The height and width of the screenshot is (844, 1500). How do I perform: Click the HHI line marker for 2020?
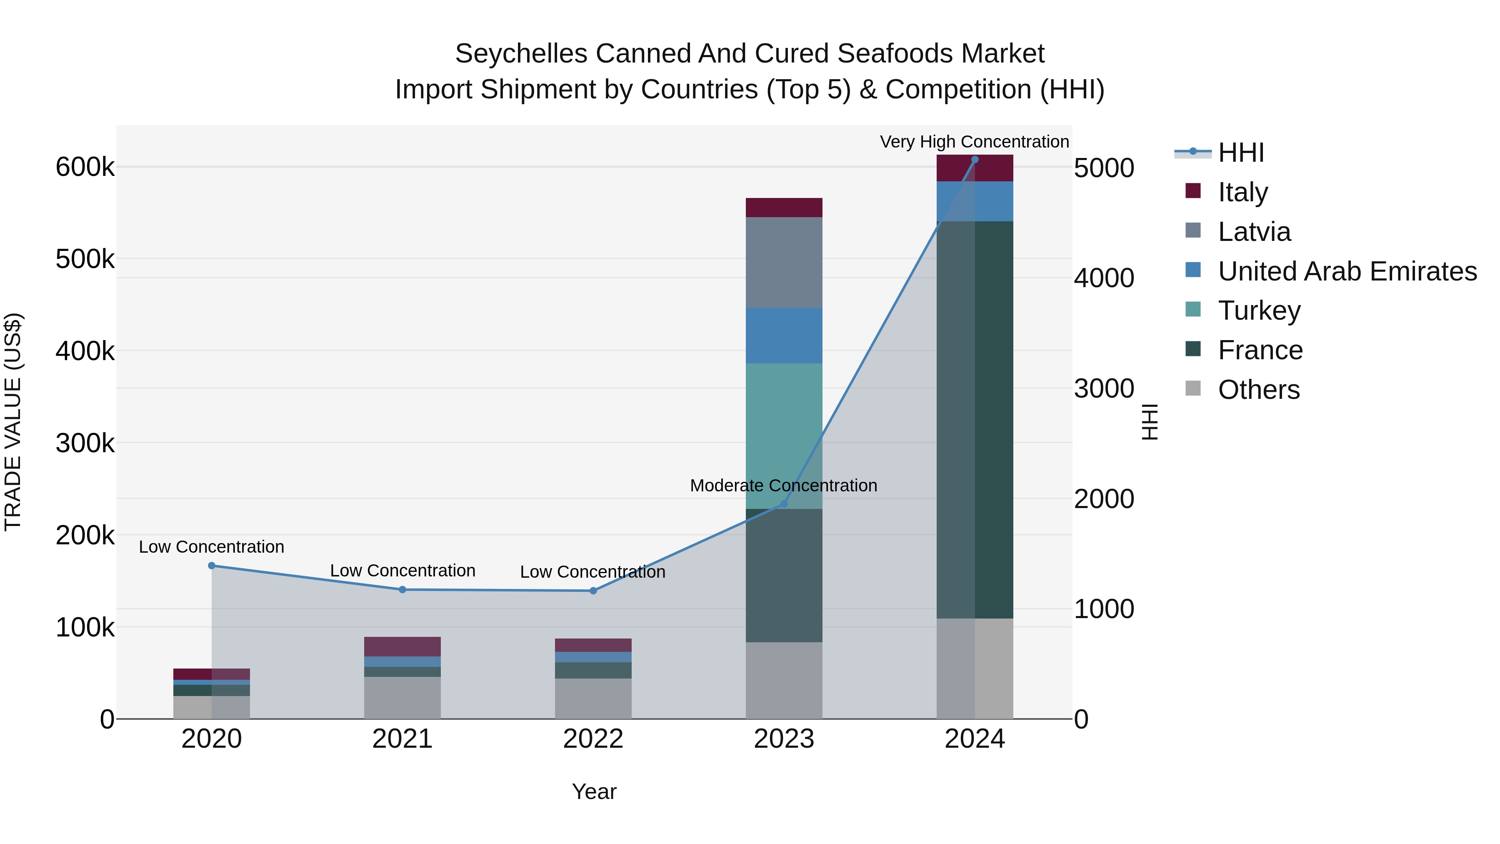click(211, 566)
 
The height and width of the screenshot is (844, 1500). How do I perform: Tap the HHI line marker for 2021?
click(402, 589)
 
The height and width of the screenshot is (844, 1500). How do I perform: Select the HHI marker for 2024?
click(975, 160)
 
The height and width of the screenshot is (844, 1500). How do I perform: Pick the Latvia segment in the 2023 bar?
click(784, 262)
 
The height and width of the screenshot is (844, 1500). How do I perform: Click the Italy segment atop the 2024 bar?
click(975, 168)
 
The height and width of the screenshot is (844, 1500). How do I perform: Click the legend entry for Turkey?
click(1259, 311)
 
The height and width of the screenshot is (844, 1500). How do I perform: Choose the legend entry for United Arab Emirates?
click(1347, 271)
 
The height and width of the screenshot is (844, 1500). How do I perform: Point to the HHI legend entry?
click(1240, 153)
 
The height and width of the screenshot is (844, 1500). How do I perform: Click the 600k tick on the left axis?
click(85, 167)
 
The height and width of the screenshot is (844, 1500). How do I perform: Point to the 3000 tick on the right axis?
click(1103, 388)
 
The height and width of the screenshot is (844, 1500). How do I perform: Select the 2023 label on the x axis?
click(784, 739)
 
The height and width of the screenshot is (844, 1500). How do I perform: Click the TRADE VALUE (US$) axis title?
click(13, 422)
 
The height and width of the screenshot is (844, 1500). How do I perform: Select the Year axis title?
click(594, 791)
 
